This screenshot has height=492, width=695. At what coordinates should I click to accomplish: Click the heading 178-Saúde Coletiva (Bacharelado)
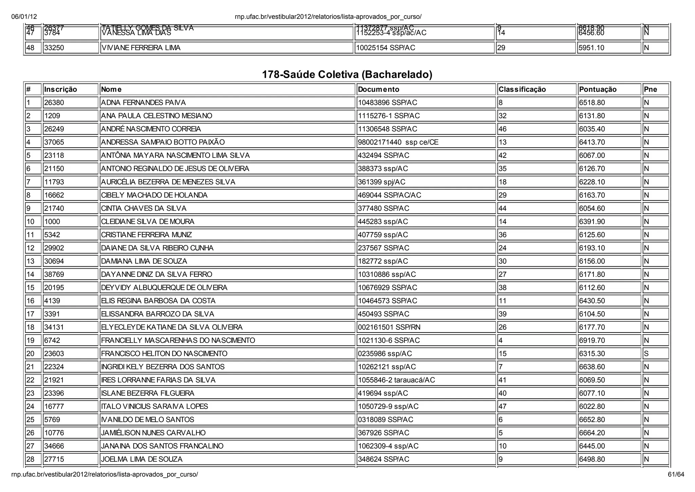click(x=347, y=74)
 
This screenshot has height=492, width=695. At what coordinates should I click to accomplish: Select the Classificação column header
click(x=522, y=89)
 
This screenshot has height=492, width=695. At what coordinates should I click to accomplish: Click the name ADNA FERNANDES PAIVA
click(x=143, y=102)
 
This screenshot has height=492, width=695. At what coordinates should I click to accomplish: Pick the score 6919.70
click(x=592, y=340)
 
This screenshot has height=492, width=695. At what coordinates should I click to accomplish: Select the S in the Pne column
click(x=646, y=354)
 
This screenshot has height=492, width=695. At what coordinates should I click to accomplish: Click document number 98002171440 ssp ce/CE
click(x=398, y=142)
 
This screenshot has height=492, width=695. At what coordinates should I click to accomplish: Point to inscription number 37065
click(x=54, y=142)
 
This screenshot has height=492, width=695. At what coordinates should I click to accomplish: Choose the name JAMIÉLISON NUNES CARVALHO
click(x=153, y=433)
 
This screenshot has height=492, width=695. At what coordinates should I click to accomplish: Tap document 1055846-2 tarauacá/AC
click(x=396, y=380)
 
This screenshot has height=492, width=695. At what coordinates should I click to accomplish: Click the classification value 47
click(x=502, y=406)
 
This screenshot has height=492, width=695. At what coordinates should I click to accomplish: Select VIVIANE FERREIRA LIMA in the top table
click(x=141, y=48)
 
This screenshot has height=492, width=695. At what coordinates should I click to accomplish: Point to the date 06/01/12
click(x=24, y=17)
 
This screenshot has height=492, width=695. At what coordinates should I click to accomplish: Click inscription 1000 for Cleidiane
click(x=52, y=222)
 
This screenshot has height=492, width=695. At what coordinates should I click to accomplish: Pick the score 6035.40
click(x=592, y=129)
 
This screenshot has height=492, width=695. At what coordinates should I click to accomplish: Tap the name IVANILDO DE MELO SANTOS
click(x=148, y=420)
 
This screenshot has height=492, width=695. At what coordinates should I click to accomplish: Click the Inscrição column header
click(x=60, y=89)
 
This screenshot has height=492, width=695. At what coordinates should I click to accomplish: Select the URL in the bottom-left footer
click(x=105, y=474)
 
